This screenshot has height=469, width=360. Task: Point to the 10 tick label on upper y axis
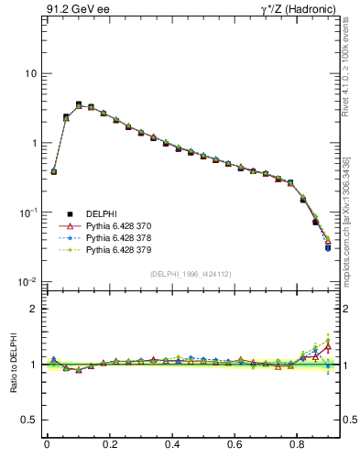pos(30,73)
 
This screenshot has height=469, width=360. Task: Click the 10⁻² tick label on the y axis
pos(27,281)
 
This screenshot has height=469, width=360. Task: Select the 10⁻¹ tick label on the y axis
pos(27,212)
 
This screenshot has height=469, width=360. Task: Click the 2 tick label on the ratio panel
pos(33,309)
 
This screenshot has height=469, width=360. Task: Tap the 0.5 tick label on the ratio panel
pos(29,420)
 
